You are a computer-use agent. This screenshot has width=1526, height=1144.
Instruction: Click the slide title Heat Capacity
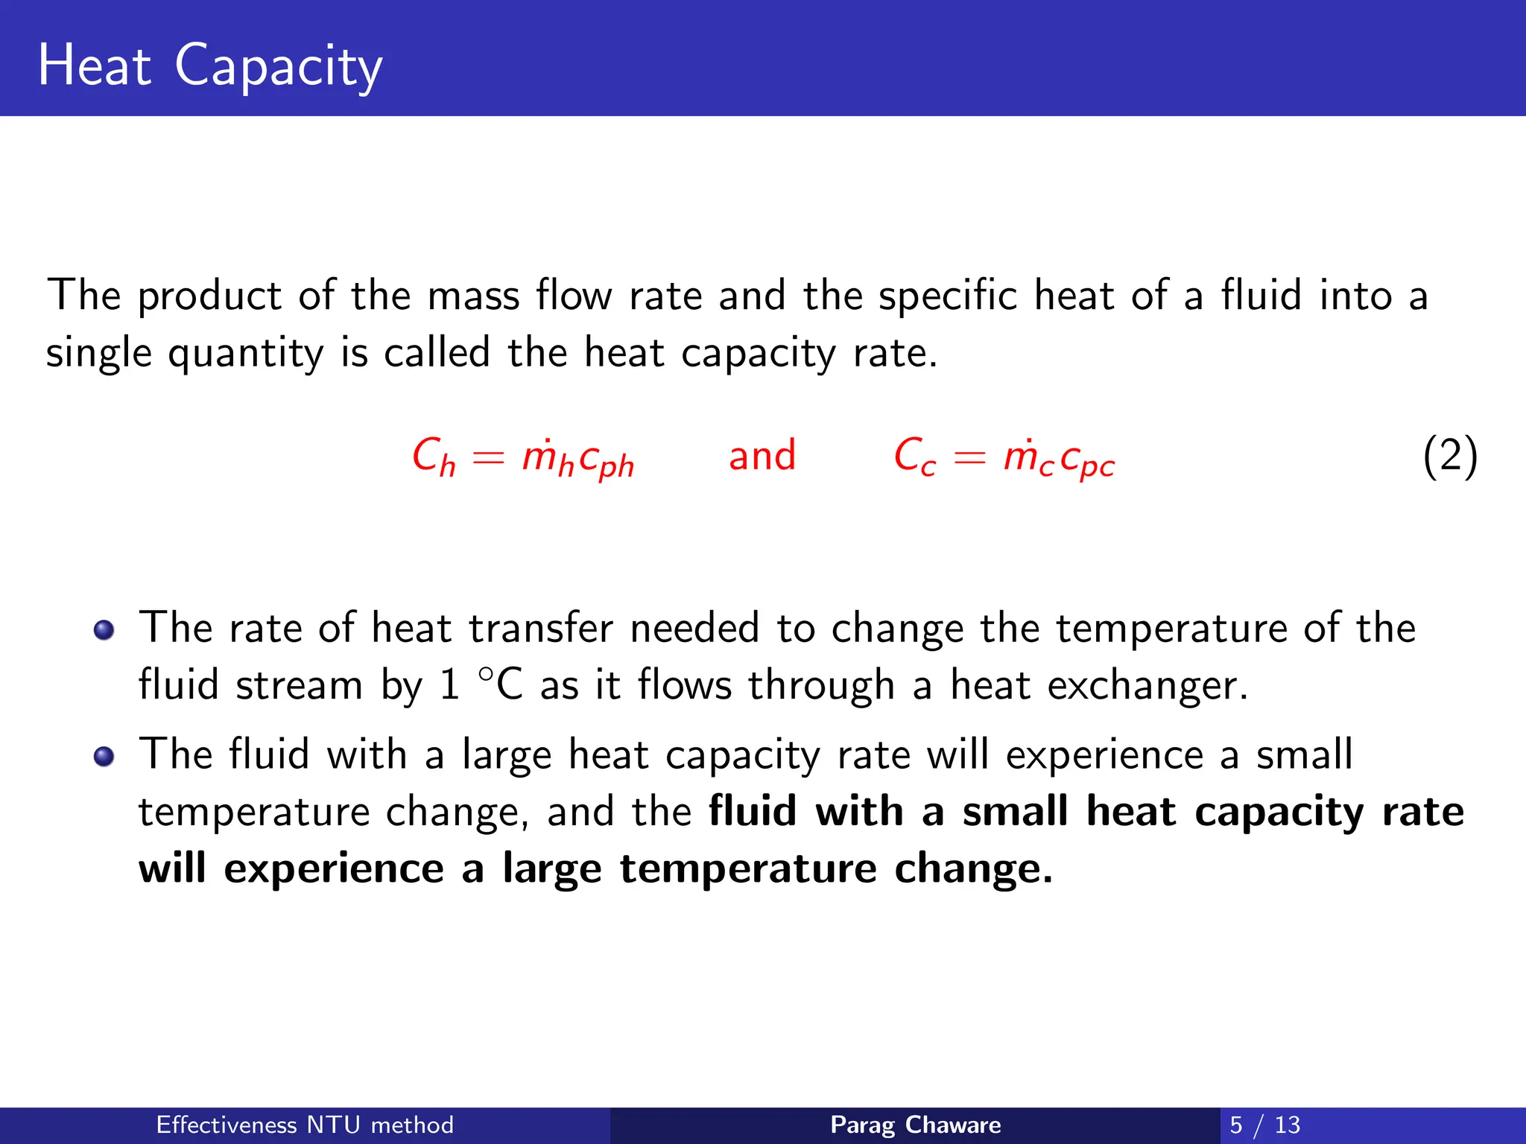coord(209,66)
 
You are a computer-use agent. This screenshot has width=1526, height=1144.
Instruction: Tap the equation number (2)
coord(1449,457)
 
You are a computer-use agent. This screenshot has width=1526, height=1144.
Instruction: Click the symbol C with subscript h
coord(433,457)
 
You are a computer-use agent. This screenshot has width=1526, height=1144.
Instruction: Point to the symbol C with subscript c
coord(914,457)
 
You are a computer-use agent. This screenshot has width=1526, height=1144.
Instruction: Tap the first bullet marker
coord(104,630)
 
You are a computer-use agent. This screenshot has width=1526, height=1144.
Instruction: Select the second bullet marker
coord(104,757)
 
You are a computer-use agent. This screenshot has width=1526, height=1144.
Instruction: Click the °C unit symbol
coord(500,683)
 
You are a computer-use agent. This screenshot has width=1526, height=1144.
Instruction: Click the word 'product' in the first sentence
coord(209,296)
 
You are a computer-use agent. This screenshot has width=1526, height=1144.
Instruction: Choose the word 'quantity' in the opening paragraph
coord(245,354)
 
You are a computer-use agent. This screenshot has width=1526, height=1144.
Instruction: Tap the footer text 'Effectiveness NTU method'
coord(305,1125)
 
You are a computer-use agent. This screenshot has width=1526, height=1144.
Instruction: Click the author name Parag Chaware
coord(915,1125)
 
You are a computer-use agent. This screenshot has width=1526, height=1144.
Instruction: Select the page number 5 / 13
coord(1264,1125)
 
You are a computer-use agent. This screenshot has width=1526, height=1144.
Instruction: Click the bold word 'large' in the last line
coord(551,869)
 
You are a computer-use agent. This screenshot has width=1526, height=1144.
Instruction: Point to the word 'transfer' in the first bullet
coord(541,628)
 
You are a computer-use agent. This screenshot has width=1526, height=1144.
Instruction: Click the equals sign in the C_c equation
coord(969,457)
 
